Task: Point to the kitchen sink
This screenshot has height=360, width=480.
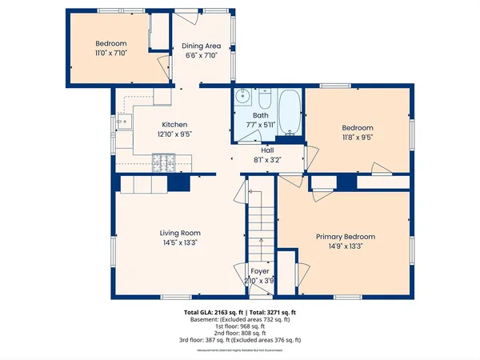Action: pos(124,123)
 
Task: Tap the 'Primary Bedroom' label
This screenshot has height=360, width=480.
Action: pos(345,237)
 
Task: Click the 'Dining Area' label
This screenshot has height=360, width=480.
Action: pos(202,46)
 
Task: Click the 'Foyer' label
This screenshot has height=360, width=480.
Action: pos(261,272)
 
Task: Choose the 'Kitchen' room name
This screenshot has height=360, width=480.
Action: pos(174,125)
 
